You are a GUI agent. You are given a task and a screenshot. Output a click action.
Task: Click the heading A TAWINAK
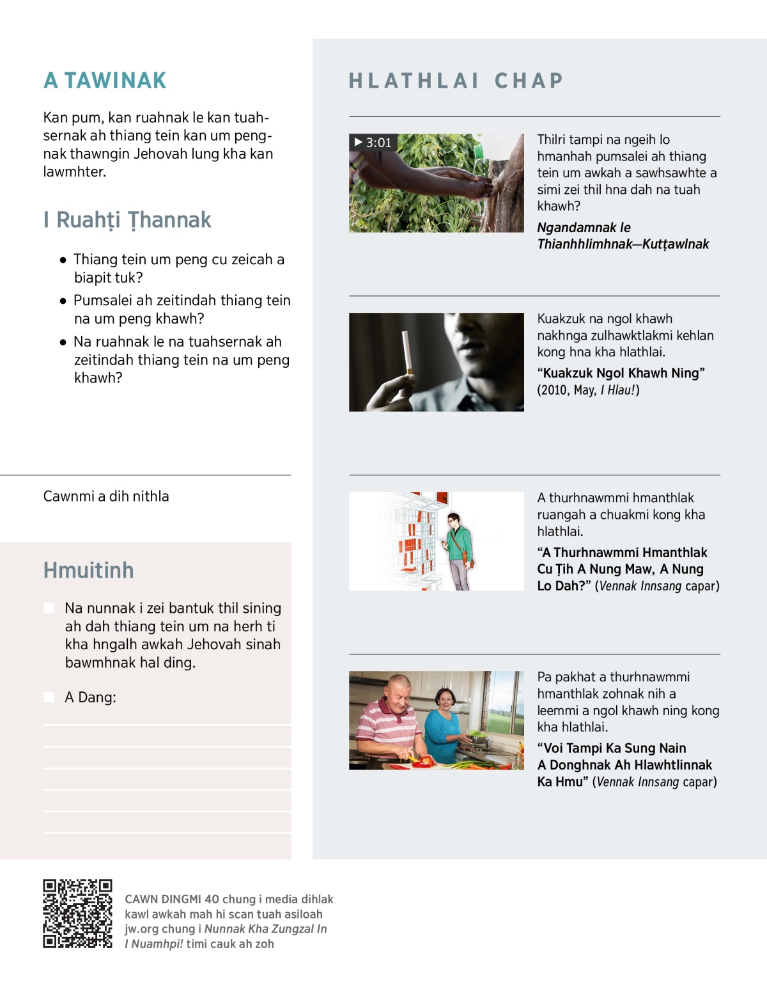[x=105, y=81]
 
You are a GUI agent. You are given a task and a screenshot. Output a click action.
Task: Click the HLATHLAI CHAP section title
[x=456, y=81]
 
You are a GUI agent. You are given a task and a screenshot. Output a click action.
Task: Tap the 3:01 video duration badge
[x=373, y=143]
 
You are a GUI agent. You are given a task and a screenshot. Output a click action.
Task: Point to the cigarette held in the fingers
[x=407, y=351]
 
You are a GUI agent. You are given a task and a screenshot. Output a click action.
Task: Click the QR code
[x=77, y=913]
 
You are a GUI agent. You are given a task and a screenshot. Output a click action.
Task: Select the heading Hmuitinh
[x=88, y=570]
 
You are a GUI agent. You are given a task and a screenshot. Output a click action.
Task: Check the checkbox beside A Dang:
[x=49, y=697]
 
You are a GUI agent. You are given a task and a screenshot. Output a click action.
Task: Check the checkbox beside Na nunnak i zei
[x=49, y=608]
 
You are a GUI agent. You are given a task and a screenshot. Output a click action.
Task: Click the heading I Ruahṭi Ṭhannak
[x=127, y=219]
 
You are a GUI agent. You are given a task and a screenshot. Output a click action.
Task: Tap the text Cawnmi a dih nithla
[x=106, y=496]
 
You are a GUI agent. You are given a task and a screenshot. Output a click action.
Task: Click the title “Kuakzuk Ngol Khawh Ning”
[x=621, y=373]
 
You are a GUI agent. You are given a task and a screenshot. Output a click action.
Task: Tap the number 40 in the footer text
[x=212, y=899]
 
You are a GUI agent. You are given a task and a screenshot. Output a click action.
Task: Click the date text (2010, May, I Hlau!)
[x=588, y=390]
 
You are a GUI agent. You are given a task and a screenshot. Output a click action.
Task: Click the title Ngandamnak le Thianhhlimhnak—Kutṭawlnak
[x=623, y=236]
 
